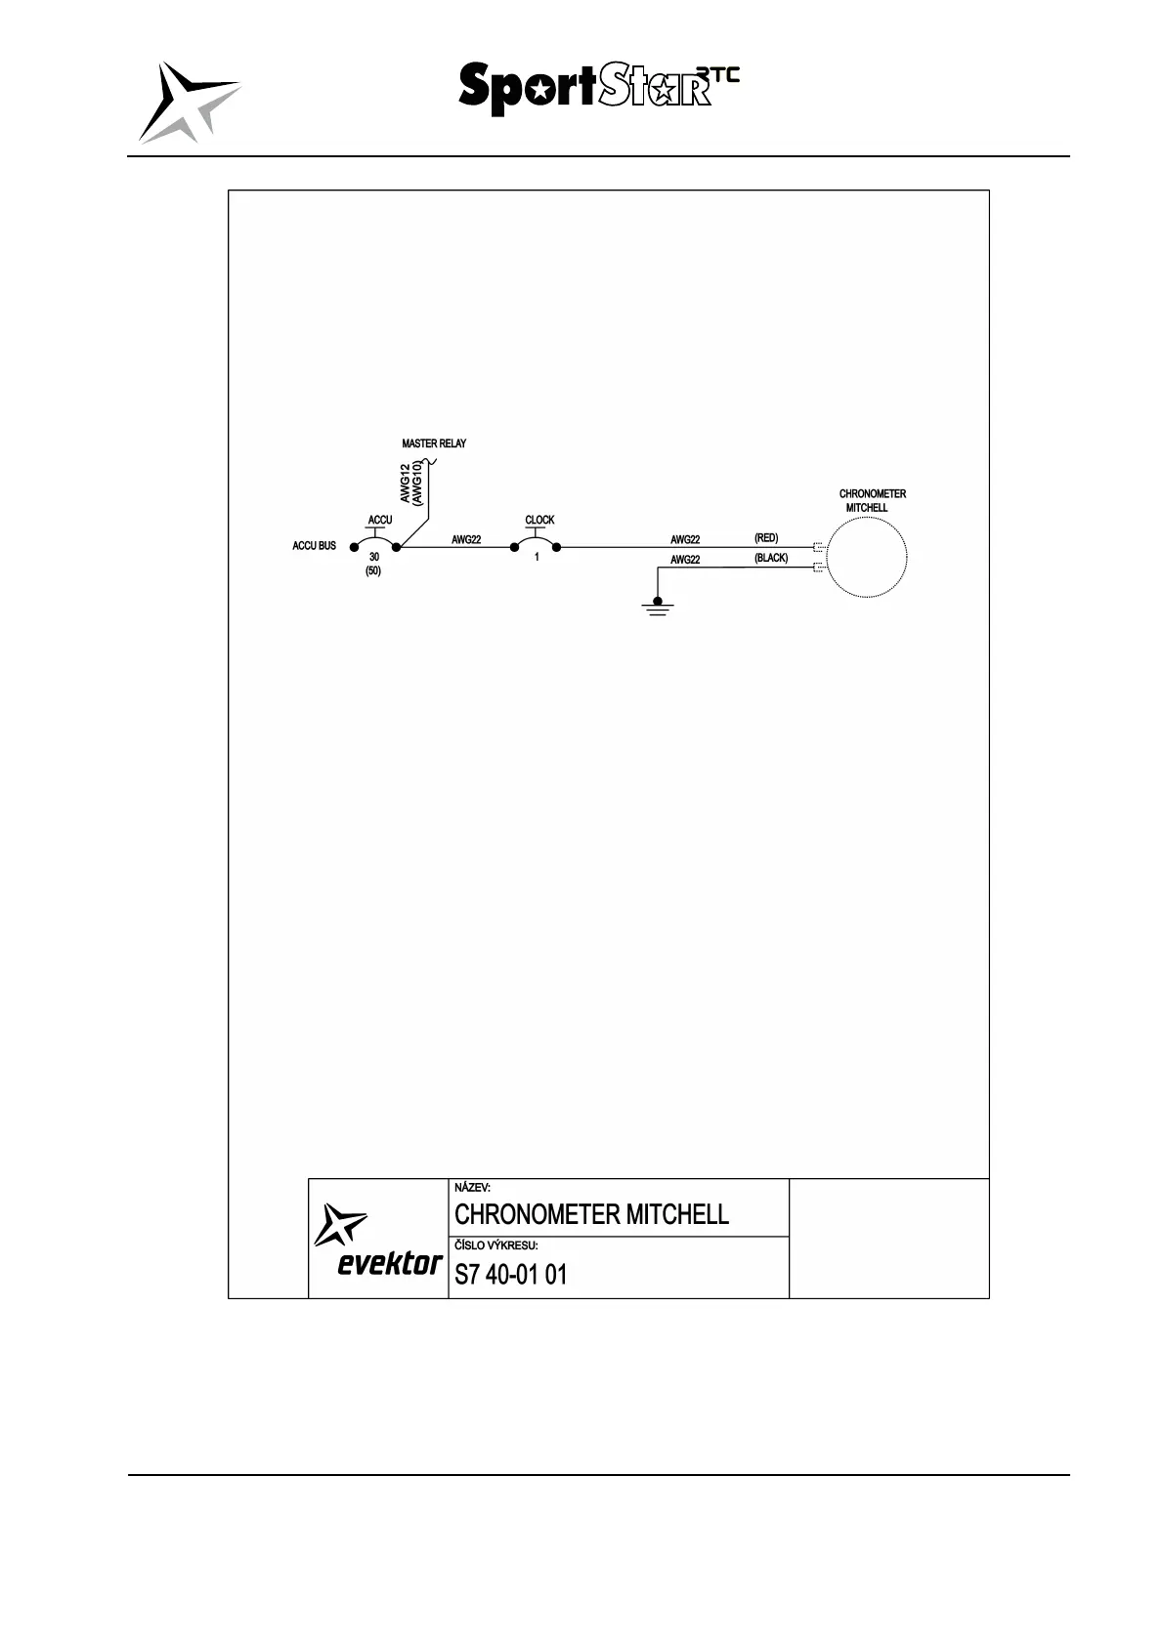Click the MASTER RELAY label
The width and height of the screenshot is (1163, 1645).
[434, 443]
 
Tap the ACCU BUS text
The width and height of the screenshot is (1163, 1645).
[314, 546]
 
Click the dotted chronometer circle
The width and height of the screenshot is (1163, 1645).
[866, 556]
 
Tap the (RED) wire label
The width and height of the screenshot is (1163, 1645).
[766, 538]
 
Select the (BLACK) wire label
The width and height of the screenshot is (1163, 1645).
[770, 558]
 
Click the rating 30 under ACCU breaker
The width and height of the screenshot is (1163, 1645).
[374, 557]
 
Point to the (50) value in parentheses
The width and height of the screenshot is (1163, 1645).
[372, 570]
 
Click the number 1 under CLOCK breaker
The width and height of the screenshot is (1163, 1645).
[537, 558]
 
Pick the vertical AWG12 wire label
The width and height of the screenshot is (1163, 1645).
[406, 483]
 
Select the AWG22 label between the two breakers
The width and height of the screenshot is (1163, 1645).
[466, 539]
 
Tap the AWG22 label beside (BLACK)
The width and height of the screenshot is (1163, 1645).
[685, 560]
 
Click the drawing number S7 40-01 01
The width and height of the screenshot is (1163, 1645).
[510, 1275]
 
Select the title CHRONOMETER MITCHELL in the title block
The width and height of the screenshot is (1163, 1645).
[591, 1214]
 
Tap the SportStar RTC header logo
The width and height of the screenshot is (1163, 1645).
[597, 88]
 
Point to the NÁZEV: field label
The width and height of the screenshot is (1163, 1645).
[473, 1188]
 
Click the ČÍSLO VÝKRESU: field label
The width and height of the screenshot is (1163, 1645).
[496, 1245]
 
